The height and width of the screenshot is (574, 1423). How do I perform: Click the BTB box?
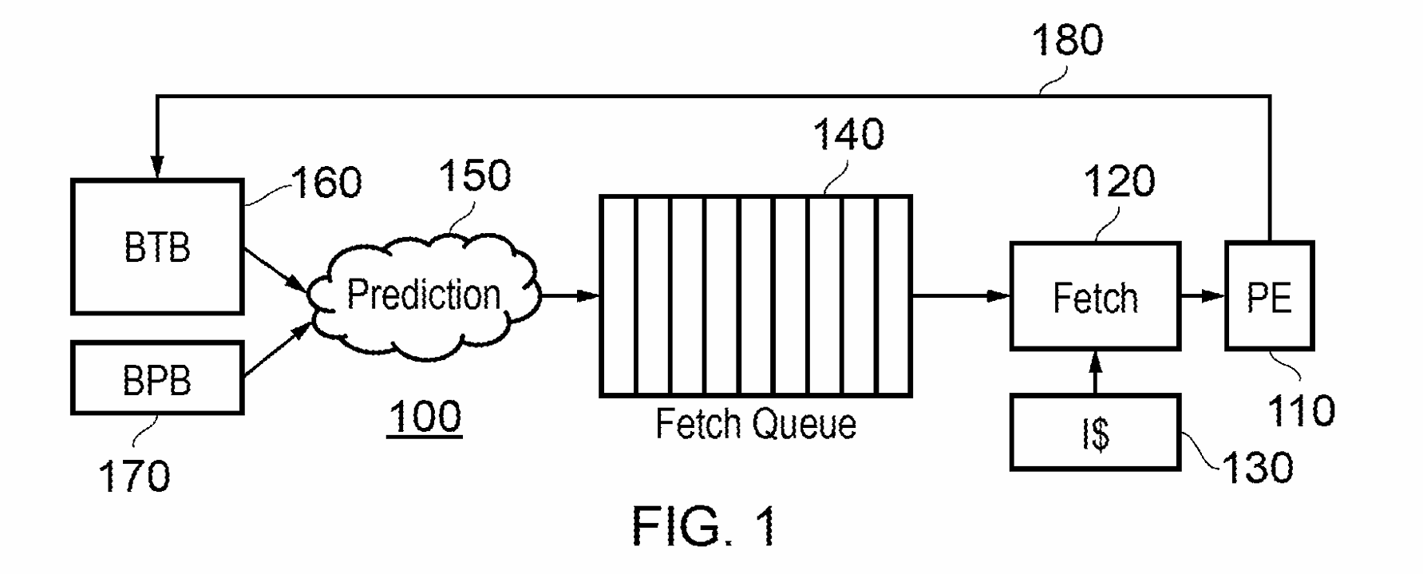click(157, 247)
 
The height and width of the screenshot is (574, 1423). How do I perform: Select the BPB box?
click(157, 378)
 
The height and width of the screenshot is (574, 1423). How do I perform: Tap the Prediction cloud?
click(423, 295)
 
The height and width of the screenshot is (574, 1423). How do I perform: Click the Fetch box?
click(1095, 297)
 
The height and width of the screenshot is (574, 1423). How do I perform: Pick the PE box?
click(1269, 297)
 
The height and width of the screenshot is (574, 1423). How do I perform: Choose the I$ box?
click(1095, 433)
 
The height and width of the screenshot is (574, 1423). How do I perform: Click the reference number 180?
click(1067, 40)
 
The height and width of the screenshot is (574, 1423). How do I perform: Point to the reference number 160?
click(327, 183)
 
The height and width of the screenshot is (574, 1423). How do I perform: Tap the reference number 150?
click(474, 175)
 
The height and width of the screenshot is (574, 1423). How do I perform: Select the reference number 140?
click(848, 134)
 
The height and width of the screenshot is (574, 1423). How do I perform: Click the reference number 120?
click(1118, 181)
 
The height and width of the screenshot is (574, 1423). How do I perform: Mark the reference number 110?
click(1301, 410)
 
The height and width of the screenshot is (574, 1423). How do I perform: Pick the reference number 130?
click(1257, 467)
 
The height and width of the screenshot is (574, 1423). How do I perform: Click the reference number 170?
click(133, 476)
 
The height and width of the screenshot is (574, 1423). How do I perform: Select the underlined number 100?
click(425, 417)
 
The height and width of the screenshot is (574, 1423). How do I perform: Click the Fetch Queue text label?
click(755, 424)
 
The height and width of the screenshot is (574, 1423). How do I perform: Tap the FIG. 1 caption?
click(704, 527)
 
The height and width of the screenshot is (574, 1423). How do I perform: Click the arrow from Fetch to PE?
click(1202, 296)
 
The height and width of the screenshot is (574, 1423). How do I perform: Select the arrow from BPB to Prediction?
click(276, 350)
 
